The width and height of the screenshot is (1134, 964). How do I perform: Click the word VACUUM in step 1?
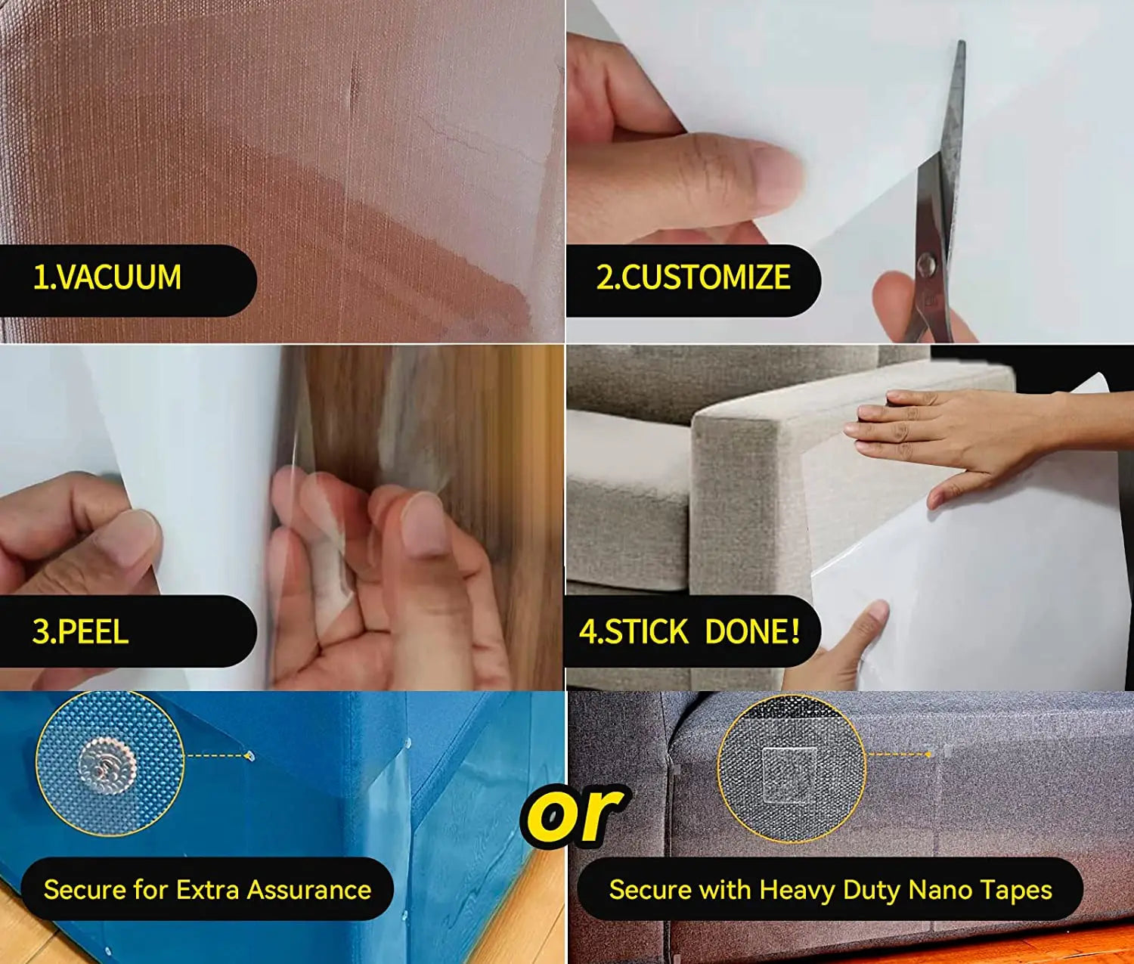click(x=119, y=277)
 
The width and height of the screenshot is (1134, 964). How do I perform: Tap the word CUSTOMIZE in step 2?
click(x=706, y=277)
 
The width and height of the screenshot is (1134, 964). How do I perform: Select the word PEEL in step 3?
click(x=92, y=631)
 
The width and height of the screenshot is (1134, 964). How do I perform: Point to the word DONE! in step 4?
click(x=752, y=631)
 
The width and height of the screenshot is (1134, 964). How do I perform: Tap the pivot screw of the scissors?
click(x=927, y=264)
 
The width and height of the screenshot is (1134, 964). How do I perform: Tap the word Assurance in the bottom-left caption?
click(x=309, y=889)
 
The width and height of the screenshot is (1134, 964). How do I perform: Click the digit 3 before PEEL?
click(x=41, y=631)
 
